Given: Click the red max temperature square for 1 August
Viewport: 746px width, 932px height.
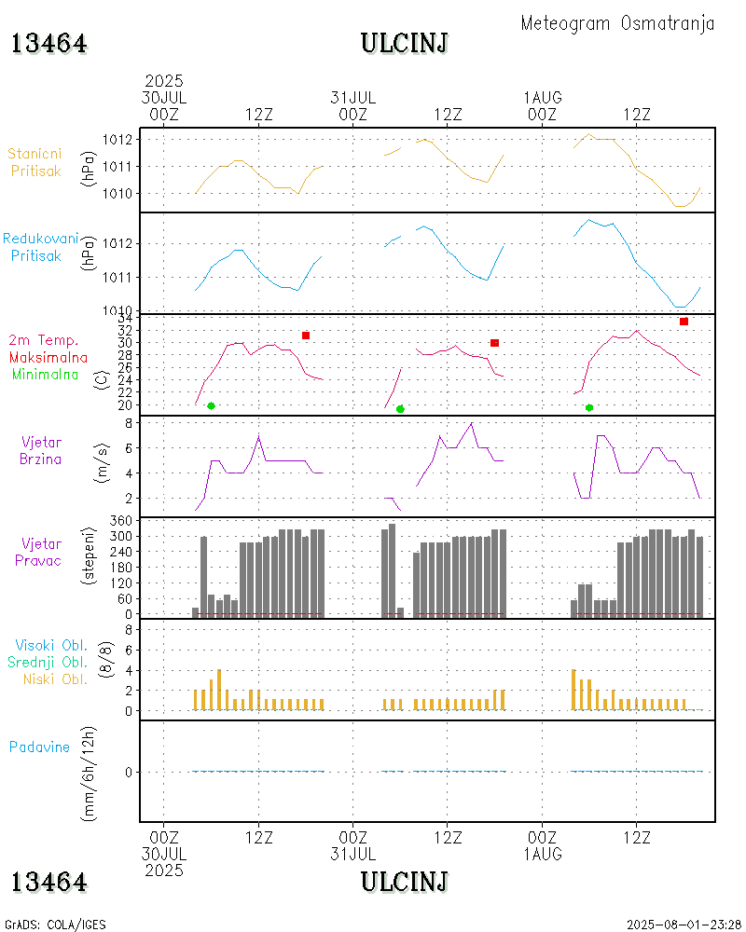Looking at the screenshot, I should tap(684, 322).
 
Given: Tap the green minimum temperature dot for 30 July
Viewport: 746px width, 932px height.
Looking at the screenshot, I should tap(212, 405).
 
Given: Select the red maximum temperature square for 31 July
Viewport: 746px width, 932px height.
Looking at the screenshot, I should tap(494, 343).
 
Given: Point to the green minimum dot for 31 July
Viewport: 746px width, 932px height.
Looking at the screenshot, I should tap(400, 408).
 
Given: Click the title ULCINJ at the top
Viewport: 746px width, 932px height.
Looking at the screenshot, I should tap(404, 43).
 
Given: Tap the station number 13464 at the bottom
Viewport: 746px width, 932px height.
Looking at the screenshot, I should tap(49, 882).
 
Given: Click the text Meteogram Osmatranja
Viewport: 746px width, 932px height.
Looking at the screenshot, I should tap(617, 23).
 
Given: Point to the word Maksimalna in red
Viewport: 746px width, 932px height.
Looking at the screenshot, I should tap(48, 357).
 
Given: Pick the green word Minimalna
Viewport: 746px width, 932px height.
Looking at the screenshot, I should tap(46, 374).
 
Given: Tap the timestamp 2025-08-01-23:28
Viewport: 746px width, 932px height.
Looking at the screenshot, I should tap(683, 925).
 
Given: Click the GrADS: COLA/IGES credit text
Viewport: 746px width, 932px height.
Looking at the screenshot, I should tap(55, 925).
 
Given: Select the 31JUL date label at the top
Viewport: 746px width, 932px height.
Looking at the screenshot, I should tap(353, 97).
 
